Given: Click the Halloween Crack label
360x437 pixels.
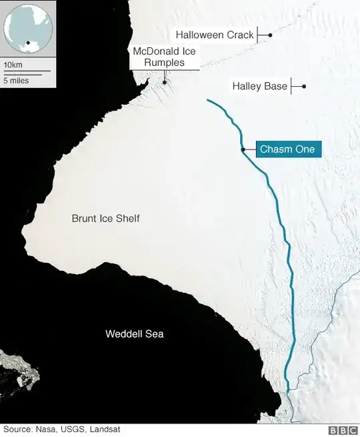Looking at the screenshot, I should coord(215,35).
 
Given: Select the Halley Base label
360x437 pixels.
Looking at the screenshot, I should coord(259,86).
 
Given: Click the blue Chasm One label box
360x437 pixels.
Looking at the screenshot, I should coord(287,149).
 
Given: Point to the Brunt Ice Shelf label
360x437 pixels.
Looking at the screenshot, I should coord(106,218).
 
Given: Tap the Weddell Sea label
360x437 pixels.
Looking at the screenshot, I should coord(134,334).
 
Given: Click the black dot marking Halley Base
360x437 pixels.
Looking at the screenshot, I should coord(303,86).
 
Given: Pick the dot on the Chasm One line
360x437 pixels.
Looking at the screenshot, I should coord(243,149).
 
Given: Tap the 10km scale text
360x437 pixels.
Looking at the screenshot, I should coord(12,65).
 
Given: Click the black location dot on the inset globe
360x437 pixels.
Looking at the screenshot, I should coord(29,43).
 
